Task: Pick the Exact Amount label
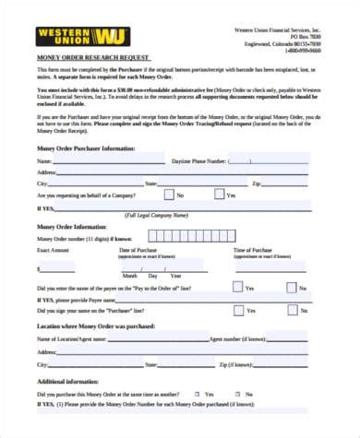[53, 250]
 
